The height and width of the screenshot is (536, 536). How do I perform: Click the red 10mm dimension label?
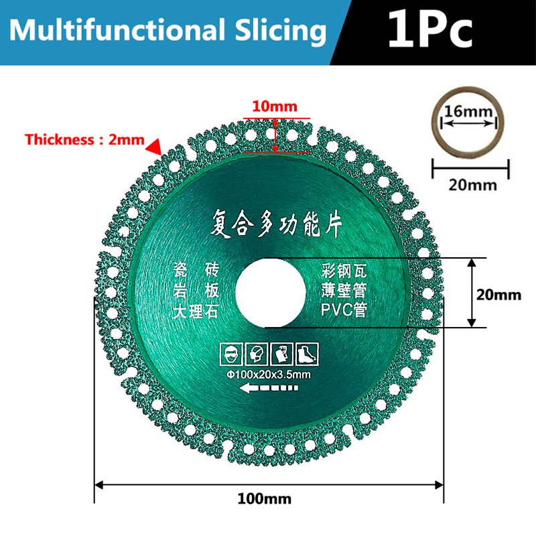coord(275,107)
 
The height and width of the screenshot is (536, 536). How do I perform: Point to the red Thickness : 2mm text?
coord(84,139)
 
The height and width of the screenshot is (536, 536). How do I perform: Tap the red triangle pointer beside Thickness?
coord(154,147)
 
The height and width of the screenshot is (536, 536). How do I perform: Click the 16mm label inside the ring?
coord(468,111)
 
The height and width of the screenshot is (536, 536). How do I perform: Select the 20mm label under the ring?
coord(472,185)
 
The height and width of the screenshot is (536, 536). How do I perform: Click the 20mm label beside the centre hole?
coord(498,295)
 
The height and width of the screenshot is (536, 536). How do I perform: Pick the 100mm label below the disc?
coord(265,498)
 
